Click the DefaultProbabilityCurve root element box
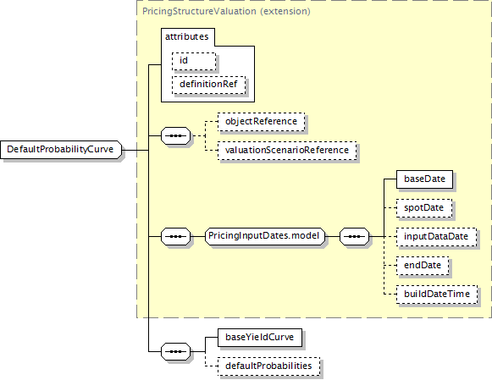(61, 150)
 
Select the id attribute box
(194, 61)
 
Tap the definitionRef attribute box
(208, 85)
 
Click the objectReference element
(261, 122)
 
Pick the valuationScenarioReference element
(287, 151)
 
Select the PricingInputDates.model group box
(265, 236)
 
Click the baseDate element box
(424, 179)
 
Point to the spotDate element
(424, 208)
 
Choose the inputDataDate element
(436, 237)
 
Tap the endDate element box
(423, 266)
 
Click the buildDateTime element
(437, 295)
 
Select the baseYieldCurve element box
(260, 338)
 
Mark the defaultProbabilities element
(269, 366)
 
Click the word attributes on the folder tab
(186, 36)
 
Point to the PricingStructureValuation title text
(199, 11)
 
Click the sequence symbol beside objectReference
(176, 135)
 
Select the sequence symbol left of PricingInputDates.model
(176, 236)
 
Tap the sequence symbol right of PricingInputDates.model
(355, 236)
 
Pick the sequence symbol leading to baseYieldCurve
(176, 351)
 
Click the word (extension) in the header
(285, 11)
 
